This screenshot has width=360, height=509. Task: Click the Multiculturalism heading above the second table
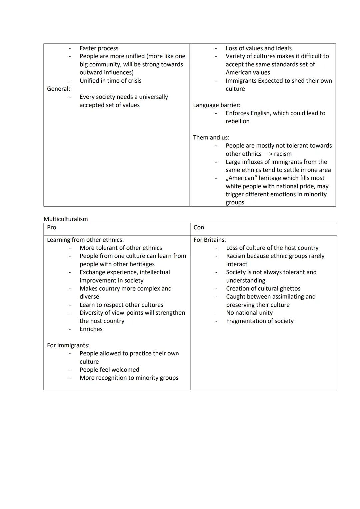(x=66, y=219)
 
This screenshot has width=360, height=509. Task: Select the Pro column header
(x=52, y=227)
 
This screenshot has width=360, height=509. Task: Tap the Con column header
(x=199, y=227)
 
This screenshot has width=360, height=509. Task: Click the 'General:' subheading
(x=59, y=89)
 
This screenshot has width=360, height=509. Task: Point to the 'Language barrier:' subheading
(x=217, y=105)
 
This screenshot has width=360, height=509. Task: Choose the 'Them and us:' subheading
(x=211, y=137)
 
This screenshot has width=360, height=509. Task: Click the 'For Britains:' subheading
(x=210, y=240)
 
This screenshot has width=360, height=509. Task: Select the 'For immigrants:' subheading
(x=68, y=345)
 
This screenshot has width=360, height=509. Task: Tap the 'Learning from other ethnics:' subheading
(x=85, y=240)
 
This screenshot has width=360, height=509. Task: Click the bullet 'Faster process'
(x=99, y=48)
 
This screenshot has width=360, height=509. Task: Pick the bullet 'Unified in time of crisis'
(x=110, y=81)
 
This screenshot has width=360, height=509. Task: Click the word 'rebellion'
(x=238, y=121)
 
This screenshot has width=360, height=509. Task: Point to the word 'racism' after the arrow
(x=283, y=154)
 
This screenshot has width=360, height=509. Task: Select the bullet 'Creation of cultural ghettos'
(x=263, y=288)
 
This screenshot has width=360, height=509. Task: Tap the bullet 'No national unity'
(x=249, y=313)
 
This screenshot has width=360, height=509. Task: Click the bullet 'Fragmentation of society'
(x=260, y=321)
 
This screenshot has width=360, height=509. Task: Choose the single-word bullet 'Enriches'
(x=91, y=329)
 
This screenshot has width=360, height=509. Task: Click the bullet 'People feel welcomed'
(x=109, y=370)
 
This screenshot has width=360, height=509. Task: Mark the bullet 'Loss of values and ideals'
(x=259, y=48)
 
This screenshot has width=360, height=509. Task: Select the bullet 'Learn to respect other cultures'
(x=121, y=305)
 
